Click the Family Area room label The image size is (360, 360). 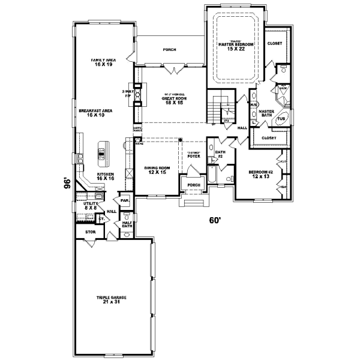103,62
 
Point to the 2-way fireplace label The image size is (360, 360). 127,94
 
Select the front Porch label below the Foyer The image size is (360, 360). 194,185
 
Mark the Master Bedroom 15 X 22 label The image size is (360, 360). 236,45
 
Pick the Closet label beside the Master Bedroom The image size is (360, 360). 274,43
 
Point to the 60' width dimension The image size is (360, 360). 215,220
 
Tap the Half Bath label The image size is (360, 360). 127,224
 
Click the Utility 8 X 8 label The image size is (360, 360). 90,206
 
